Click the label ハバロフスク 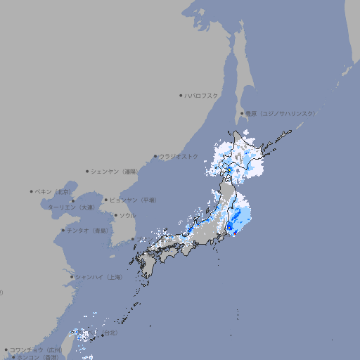tap(202, 95)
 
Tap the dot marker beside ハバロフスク tap(181, 95)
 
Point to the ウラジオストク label tap(179, 156)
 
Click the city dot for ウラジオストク tap(156, 156)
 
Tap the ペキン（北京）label tap(54, 191)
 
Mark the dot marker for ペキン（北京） tap(32, 191)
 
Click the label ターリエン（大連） tap(71, 207)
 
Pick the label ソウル tap(127, 215)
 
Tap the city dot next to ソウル tap(115, 215)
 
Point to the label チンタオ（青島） tap(86, 230)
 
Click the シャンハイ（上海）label tap(98, 277)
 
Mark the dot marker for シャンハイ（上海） tap(72, 277)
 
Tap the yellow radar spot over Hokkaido tap(229, 169)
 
